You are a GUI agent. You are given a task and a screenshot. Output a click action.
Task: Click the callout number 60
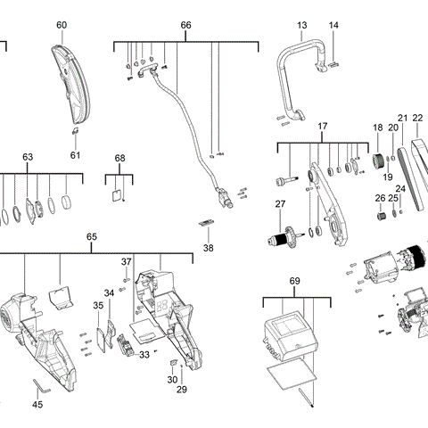point(62,25)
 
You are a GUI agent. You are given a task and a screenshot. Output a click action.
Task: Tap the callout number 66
point(185,25)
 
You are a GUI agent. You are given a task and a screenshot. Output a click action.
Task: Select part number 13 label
point(302,25)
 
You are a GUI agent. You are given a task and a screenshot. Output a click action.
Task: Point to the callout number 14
point(333,25)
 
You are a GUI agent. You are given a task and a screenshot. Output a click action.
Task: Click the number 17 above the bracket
point(323,128)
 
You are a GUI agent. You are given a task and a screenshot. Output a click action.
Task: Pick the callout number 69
point(295,281)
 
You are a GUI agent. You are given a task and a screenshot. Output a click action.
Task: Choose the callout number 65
point(91,236)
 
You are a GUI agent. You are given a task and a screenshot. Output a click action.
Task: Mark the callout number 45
point(37,405)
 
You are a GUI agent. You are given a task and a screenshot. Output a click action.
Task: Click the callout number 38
point(209,248)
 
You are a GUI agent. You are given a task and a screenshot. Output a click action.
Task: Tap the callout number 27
point(280,205)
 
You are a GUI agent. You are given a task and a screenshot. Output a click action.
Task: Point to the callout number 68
point(120,158)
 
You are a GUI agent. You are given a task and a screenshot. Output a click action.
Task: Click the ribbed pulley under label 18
point(377,161)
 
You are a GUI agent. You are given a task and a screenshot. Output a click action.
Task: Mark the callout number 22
point(417,118)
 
